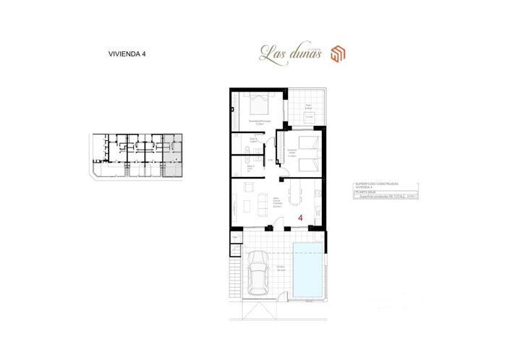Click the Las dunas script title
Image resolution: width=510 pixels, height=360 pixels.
pos(289,52)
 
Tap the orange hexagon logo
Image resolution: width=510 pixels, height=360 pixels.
pos(339,53)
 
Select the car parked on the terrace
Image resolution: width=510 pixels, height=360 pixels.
pos(258,275)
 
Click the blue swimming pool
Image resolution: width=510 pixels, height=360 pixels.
pos(309,270)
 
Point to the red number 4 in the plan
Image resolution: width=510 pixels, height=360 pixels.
pos(300,216)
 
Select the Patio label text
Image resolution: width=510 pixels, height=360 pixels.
pos(307,106)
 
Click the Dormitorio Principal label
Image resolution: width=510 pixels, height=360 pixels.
pos(259,121)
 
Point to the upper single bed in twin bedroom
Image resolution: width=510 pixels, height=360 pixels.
pos(308,140)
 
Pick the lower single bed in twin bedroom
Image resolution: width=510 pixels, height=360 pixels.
pos(308,165)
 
